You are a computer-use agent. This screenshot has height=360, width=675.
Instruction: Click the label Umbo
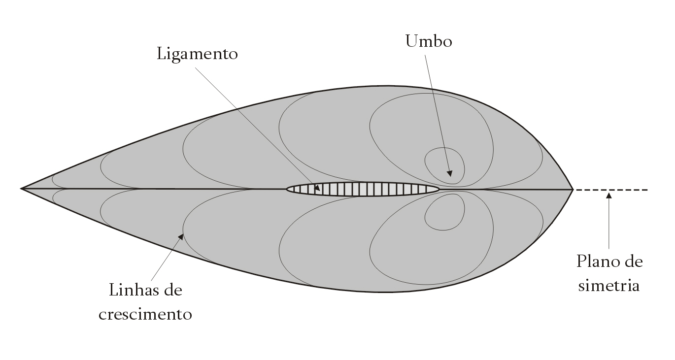pos(429,41)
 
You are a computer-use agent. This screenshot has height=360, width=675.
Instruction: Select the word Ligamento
pos(198,55)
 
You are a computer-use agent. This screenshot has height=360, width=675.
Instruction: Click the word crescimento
pos(145,314)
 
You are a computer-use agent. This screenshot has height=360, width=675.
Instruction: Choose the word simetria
pos(608,285)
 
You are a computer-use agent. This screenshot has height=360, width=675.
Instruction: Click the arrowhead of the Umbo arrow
pos(450,173)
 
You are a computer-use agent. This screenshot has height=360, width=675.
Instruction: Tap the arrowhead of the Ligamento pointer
pos(317,188)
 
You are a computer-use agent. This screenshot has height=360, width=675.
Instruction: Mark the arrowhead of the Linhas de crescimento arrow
pos(181,237)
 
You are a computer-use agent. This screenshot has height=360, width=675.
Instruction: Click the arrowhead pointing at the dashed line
pos(608,196)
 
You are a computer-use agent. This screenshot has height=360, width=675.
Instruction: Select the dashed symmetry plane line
pos(611,190)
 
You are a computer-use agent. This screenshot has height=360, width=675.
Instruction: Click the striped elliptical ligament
pos(363,189)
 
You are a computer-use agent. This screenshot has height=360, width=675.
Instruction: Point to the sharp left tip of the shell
pos(21,189)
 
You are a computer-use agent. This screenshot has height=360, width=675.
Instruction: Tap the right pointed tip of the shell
pos(573,190)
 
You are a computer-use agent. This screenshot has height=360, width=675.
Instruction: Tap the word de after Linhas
pos(173,290)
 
